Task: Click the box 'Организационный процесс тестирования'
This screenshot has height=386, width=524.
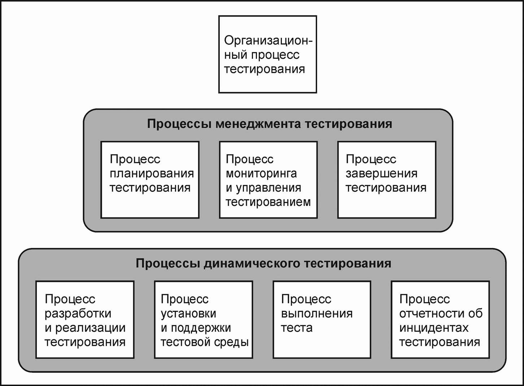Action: click(x=267, y=54)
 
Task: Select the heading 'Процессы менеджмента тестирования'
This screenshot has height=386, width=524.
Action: click(x=269, y=124)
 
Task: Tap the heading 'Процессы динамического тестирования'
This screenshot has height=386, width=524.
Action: click(x=263, y=263)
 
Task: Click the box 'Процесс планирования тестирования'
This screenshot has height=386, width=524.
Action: click(x=150, y=180)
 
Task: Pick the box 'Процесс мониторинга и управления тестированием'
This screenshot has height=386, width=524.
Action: click(x=268, y=180)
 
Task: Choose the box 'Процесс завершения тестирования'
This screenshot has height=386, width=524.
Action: click(x=387, y=180)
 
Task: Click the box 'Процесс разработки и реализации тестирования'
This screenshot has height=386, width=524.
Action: click(x=85, y=320)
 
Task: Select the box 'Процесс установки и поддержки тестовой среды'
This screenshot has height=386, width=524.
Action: click(x=204, y=320)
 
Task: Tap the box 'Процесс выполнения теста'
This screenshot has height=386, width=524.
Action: click(x=322, y=320)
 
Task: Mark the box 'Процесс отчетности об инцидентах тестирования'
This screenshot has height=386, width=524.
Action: click(x=440, y=320)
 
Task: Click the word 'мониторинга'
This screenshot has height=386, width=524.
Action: click(x=261, y=174)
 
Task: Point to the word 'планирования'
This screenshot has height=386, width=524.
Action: click(x=152, y=174)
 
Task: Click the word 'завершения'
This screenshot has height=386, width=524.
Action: click(x=381, y=174)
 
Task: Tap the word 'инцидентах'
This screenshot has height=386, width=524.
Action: click(x=434, y=328)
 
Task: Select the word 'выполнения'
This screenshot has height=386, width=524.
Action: click(x=316, y=313)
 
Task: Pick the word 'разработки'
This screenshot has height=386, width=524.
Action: click(x=78, y=313)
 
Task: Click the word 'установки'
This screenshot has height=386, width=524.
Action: click(x=188, y=313)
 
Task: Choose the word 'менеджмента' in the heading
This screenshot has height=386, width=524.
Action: click(x=258, y=124)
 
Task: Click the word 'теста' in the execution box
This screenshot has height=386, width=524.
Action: click(x=297, y=328)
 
